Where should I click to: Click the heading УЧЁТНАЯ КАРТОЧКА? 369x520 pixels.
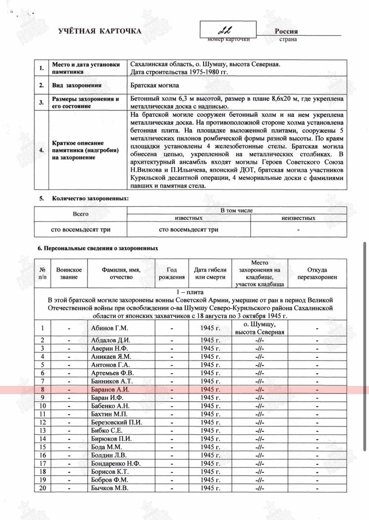click(x=100, y=31)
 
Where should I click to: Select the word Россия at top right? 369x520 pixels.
click(x=286, y=31)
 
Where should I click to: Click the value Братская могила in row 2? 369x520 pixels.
click(x=155, y=86)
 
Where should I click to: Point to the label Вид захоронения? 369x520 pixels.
click(x=76, y=86)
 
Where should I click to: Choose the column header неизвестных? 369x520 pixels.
click(x=298, y=218)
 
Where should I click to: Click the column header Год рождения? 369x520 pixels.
click(x=172, y=273)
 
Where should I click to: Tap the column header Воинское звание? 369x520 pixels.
click(x=69, y=273)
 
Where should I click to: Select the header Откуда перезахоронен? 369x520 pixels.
click(x=317, y=273)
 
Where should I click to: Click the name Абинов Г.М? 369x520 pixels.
click(x=108, y=328)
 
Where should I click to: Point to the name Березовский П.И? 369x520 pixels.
click(x=116, y=422)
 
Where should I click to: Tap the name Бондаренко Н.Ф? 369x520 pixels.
click(x=116, y=464)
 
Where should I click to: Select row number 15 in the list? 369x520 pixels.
click(x=43, y=447)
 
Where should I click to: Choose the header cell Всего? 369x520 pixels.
click(x=80, y=214)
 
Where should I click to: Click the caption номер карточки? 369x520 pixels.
click(x=228, y=39)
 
